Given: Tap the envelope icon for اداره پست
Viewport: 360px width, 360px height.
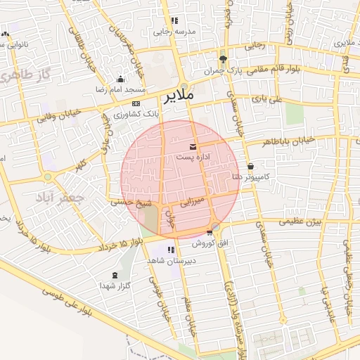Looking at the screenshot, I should [x=193, y=147].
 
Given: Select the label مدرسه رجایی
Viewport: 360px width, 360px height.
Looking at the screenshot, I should [x=173, y=32].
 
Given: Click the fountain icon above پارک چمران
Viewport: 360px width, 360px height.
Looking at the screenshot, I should [x=224, y=59].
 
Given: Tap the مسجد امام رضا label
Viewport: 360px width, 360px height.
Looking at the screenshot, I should [x=120, y=91].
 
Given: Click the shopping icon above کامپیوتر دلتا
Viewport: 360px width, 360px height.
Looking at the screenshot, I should [x=251, y=167].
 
